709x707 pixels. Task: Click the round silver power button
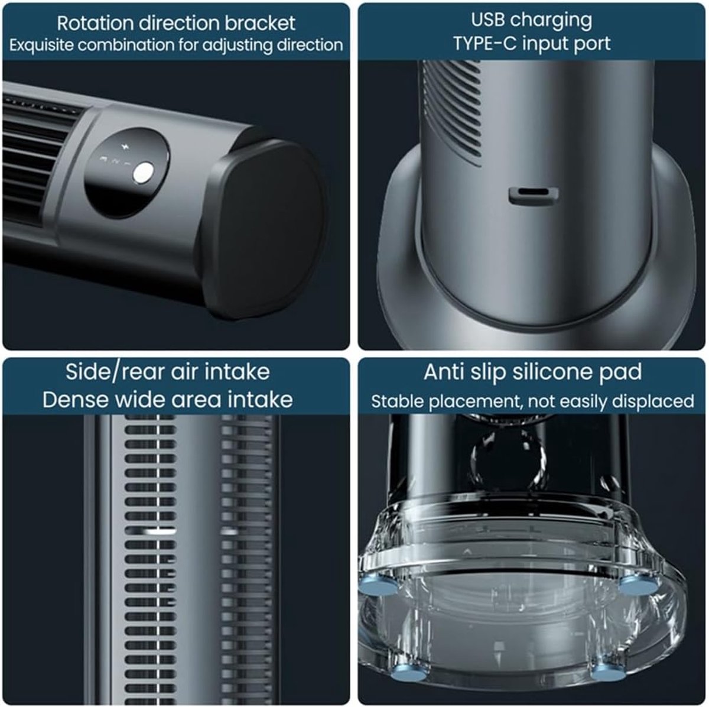click(x=143, y=173)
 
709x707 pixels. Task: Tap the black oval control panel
click(x=127, y=173)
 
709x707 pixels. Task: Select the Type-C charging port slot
click(x=534, y=194)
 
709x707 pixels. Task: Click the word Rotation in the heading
click(x=96, y=23)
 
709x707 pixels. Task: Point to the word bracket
click(x=260, y=23)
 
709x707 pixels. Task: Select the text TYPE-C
click(x=484, y=44)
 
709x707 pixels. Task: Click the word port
click(x=592, y=44)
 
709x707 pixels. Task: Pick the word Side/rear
click(x=115, y=372)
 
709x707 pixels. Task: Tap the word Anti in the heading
click(x=443, y=372)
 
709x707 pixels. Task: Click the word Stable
click(x=396, y=401)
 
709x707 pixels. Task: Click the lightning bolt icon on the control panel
click(x=123, y=147)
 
